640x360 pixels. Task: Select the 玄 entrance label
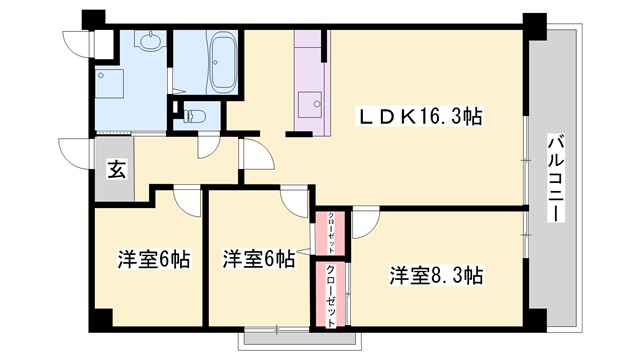pos(116,170)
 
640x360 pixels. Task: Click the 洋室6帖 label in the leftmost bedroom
pos(153,259)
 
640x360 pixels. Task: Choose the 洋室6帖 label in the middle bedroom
pos(258,259)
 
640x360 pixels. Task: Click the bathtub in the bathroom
pos(221,50)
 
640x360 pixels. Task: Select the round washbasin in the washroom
pos(151,41)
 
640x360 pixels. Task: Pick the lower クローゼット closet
pos(331,293)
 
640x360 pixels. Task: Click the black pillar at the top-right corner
pos(536,21)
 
